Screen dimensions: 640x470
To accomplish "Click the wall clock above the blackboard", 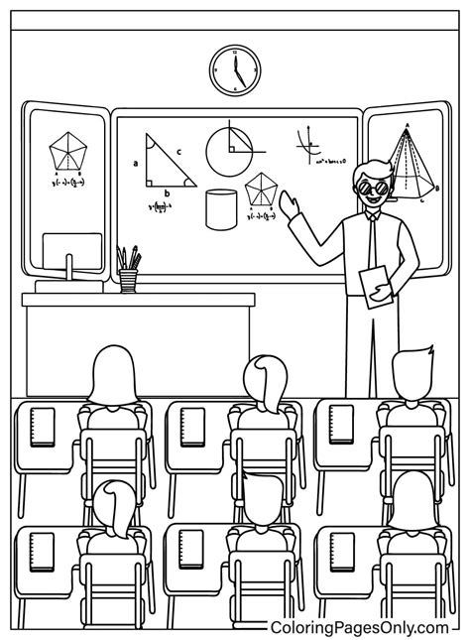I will click(x=235, y=70).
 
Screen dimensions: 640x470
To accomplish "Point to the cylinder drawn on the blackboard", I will click(x=220, y=210).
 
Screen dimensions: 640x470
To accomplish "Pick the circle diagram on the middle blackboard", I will click(x=230, y=149).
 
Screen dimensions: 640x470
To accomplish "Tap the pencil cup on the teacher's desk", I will click(x=128, y=281).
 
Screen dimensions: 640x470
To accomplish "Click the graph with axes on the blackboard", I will click(x=310, y=145).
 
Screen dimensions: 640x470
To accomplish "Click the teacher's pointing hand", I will click(x=289, y=204).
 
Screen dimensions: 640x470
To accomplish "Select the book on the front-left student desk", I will click(x=42, y=426).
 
